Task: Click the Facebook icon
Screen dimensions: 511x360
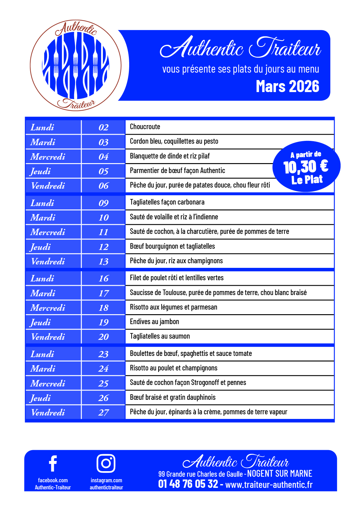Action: (x=53, y=463)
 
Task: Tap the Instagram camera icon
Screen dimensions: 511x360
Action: (x=106, y=463)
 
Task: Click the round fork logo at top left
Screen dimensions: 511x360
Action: (x=76, y=65)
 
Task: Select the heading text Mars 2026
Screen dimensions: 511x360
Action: (x=287, y=87)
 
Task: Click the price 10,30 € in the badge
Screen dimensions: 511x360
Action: (x=306, y=167)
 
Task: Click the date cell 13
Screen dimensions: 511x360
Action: (x=104, y=262)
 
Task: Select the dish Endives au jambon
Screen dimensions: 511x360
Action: (x=155, y=322)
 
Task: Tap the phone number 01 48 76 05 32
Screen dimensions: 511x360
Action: (x=188, y=484)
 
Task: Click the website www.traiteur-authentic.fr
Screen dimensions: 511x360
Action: (x=269, y=484)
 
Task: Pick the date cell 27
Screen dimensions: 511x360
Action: (x=104, y=413)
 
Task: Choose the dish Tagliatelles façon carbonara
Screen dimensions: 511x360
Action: (x=167, y=202)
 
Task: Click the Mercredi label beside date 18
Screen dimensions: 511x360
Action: (x=48, y=308)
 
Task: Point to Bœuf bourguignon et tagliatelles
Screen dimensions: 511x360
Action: (x=172, y=246)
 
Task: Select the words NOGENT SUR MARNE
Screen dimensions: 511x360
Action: (x=280, y=474)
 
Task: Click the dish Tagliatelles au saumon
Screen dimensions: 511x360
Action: (x=160, y=336)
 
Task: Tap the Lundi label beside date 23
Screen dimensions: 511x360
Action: (x=42, y=354)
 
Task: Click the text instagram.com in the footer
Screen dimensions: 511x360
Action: (x=106, y=480)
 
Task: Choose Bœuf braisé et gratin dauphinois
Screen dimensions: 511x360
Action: (x=173, y=397)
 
